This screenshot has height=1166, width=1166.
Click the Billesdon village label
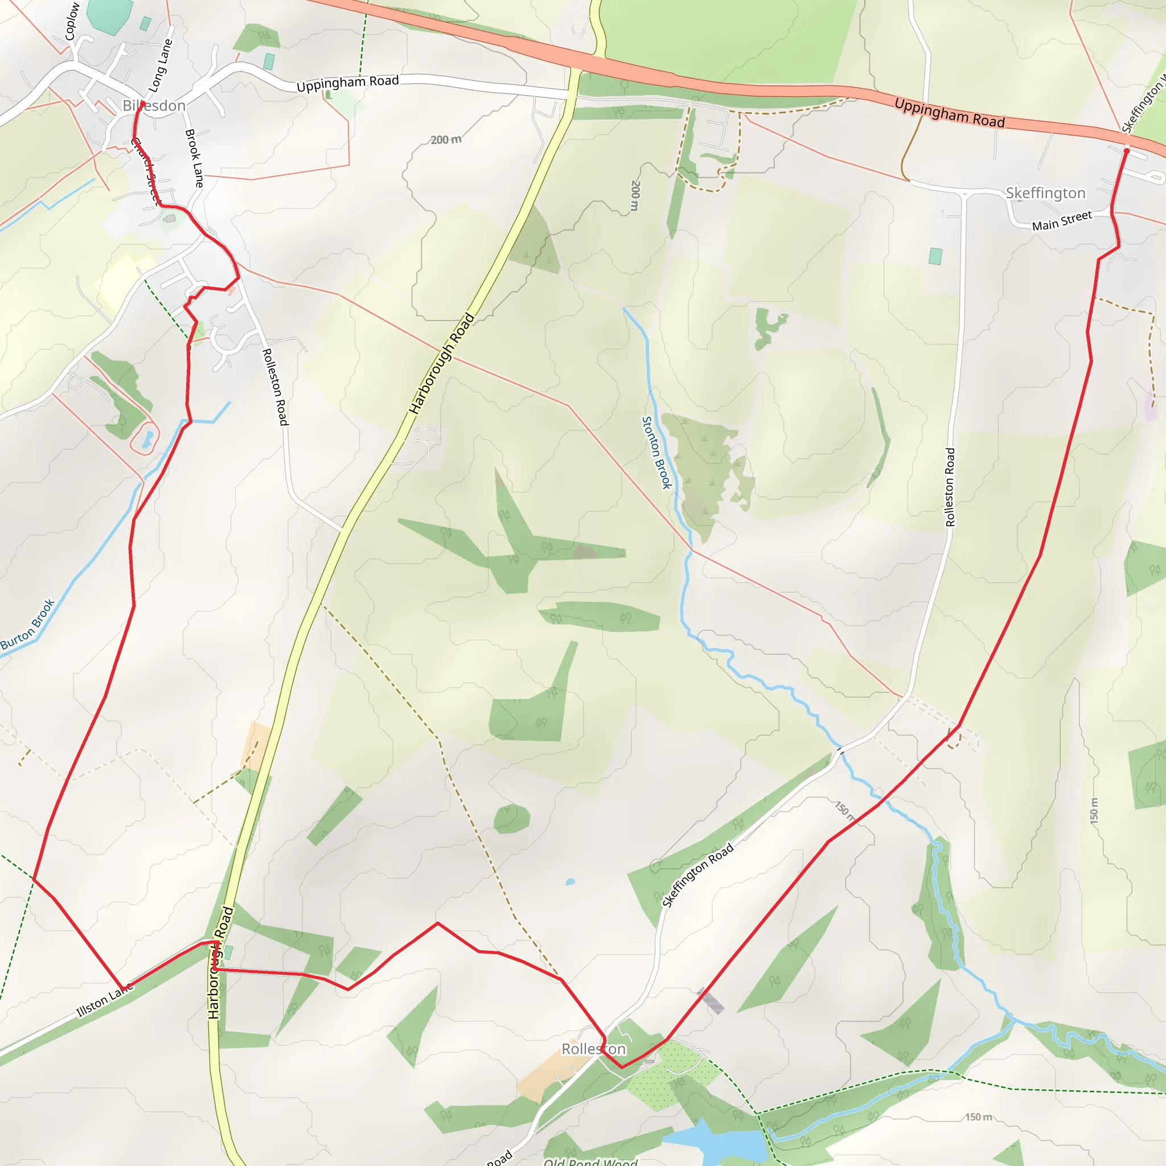[x=154, y=106]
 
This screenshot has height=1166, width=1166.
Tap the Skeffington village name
[x=1045, y=193]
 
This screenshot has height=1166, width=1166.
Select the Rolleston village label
[x=593, y=1049]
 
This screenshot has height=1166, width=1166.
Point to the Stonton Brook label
[x=656, y=453]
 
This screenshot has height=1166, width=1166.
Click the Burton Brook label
[x=27, y=625]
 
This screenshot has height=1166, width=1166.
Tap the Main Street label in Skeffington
[x=1062, y=221]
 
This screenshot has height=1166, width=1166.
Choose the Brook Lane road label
[x=194, y=158]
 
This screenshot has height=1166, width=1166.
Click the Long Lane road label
[x=160, y=66]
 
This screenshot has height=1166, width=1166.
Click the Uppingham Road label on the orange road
[x=949, y=113]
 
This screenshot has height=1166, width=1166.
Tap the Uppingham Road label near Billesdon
[x=348, y=83]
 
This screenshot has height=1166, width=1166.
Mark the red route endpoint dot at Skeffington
[x=1126, y=151]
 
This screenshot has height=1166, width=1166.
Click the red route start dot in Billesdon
[x=142, y=104]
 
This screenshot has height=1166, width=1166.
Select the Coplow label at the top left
[x=72, y=21]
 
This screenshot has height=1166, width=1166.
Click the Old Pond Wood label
[x=590, y=1160]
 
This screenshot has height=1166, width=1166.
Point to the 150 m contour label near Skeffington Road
[x=844, y=811]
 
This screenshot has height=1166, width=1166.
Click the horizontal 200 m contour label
[x=446, y=140]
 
